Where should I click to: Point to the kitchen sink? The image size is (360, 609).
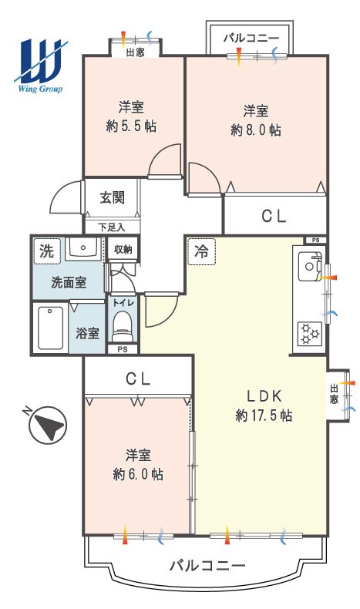[x=309, y=266]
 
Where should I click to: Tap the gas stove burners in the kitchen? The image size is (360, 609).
[x=310, y=334]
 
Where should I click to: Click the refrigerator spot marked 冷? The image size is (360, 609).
[x=201, y=251]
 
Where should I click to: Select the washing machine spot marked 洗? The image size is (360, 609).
[x=46, y=251]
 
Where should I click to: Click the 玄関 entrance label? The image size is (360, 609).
[x=113, y=198]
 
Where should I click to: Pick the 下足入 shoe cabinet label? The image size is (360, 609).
[x=112, y=227]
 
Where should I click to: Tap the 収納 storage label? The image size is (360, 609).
[x=123, y=250]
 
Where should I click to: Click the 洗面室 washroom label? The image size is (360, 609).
[x=69, y=282]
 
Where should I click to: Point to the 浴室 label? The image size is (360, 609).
[x=87, y=332]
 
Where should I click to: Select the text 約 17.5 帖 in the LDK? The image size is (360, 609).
[x=264, y=416]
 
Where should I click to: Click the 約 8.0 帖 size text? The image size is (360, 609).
[x=256, y=130]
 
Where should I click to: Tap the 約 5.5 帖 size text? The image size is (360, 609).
[x=131, y=126]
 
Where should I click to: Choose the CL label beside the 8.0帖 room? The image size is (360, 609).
[x=274, y=217]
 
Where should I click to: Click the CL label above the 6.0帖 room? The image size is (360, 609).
[x=138, y=379]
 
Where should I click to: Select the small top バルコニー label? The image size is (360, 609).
[x=251, y=38]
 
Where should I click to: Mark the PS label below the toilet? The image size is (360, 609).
[x=123, y=349]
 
